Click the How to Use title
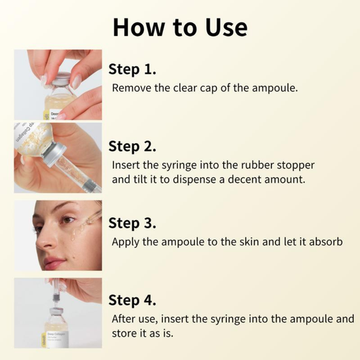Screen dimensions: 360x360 pyautogui.click(x=180, y=26)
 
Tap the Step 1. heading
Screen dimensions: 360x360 pyautogui.click(x=132, y=69)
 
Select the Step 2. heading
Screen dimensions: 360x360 pyautogui.click(x=133, y=146)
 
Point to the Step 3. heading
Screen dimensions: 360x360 pyautogui.click(x=133, y=223)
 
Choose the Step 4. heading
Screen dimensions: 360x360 pyautogui.click(x=133, y=300)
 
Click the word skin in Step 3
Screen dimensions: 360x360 pyautogui.click(x=247, y=242)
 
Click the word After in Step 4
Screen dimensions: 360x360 pyautogui.click(x=126, y=319)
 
